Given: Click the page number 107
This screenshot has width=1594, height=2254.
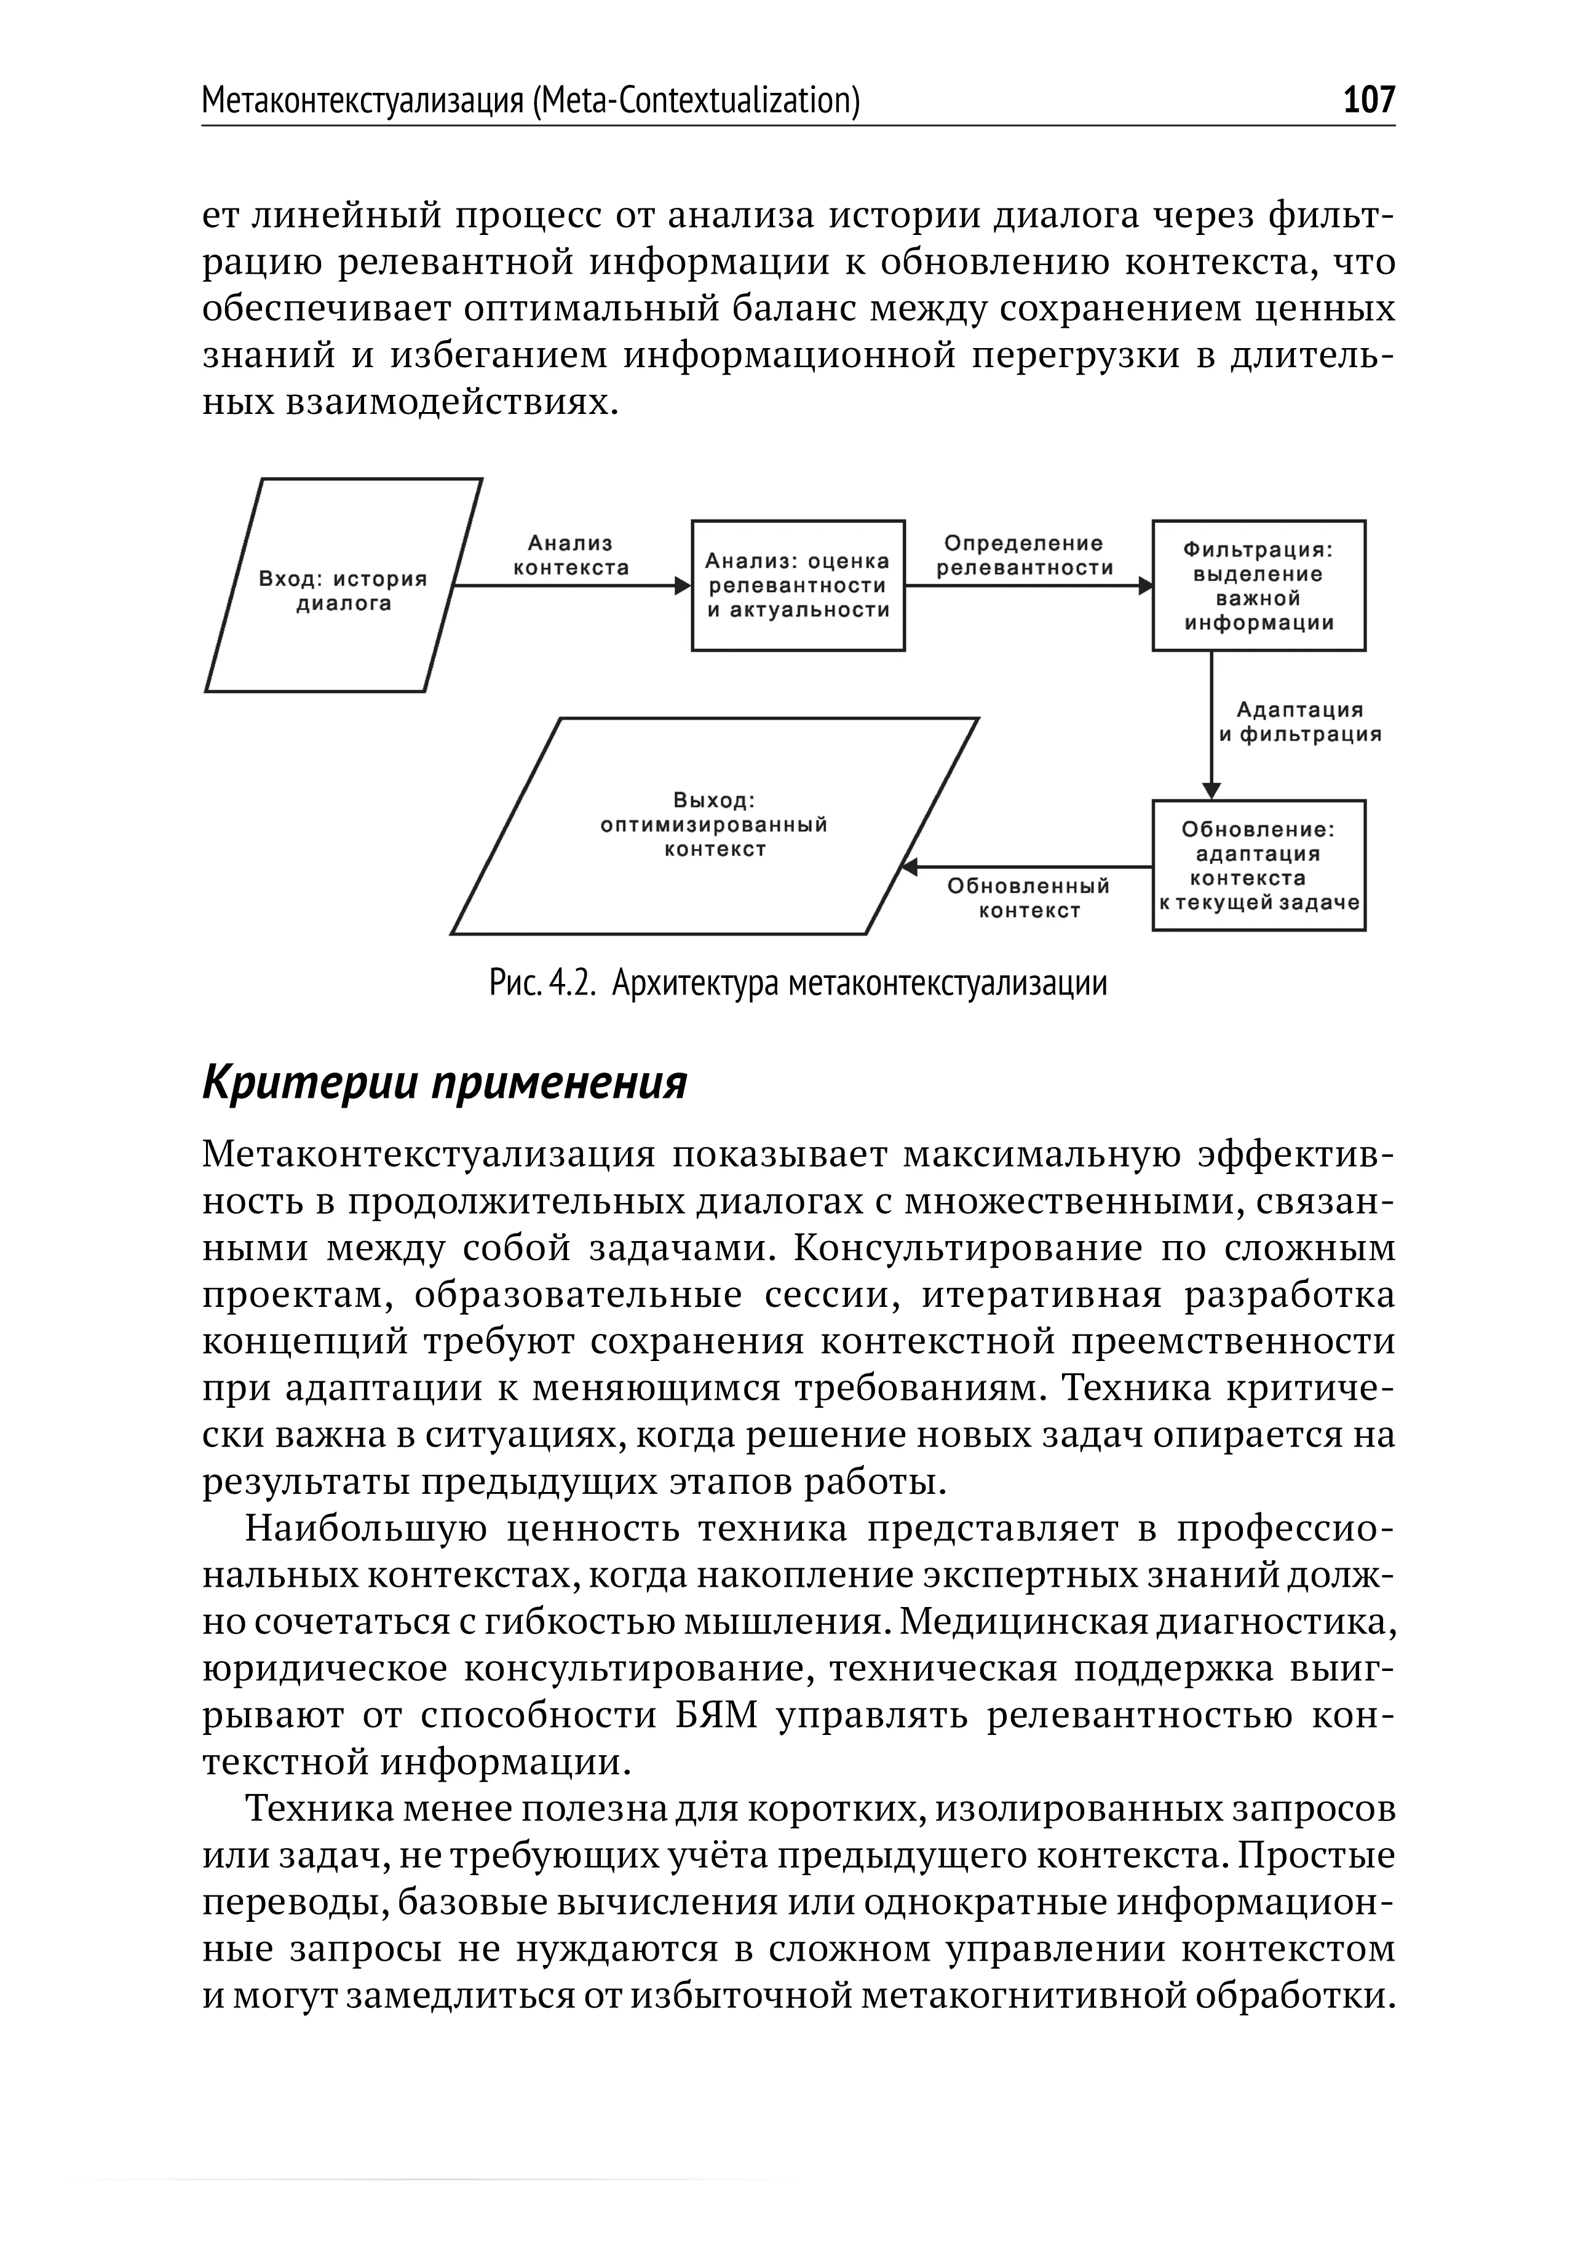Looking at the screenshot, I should tap(1368, 100).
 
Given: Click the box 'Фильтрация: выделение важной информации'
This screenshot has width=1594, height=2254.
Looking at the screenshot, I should tap(1258, 586).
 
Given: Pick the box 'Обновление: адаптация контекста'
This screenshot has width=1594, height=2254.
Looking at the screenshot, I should tap(1258, 866).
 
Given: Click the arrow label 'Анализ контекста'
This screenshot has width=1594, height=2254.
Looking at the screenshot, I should tap(570, 555).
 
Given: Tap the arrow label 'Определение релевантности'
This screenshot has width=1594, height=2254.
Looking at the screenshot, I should tap(1024, 555).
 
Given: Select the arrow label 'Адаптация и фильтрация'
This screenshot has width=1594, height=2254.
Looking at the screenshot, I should tap(1299, 721).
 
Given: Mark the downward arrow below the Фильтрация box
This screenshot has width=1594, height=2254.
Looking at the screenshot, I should tap(1211, 726).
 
